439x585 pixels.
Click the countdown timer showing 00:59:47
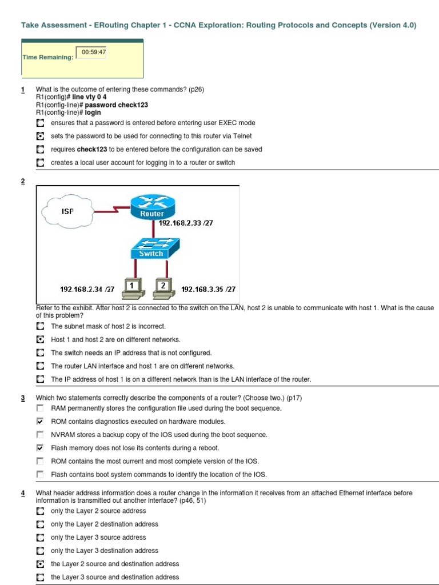pyautogui.click(x=94, y=52)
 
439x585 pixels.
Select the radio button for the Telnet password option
pyautogui.click(x=39, y=136)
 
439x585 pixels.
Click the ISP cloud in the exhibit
pyautogui.click(x=67, y=211)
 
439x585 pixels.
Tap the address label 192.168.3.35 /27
pyautogui.click(x=208, y=290)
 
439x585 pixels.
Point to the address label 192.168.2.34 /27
pyautogui.click(x=87, y=290)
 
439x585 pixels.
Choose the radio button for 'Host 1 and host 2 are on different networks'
pyautogui.click(x=39, y=339)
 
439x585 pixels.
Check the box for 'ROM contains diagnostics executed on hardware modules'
pyautogui.click(x=39, y=422)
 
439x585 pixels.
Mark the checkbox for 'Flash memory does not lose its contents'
pyautogui.click(x=39, y=448)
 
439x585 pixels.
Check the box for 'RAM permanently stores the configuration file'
pyautogui.click(x=39, y=408)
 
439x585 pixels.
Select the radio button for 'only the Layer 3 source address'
pyautogui.click(x=39, y=538)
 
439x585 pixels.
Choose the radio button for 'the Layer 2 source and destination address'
pyautogui.click(x=39, y=564)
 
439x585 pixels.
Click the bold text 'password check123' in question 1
pyautogui.click(x=116, y=105)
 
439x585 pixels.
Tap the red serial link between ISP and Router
pyautogui.click(x=112, y=210)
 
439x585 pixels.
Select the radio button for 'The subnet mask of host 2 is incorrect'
pyautogui.click(x=39, y=326)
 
